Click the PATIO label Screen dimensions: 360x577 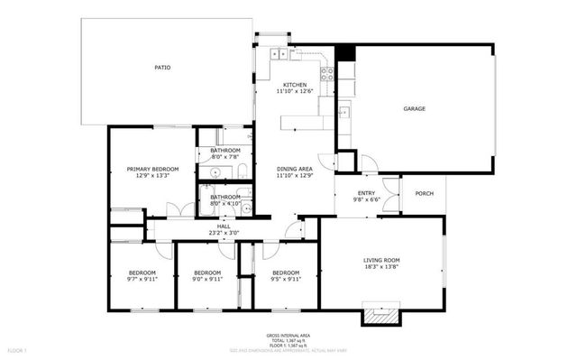[x=162, y=68]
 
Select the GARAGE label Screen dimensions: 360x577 [x=414, y=109]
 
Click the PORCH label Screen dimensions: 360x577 [x=424, y=192]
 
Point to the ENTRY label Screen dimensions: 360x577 [x=366, y=192]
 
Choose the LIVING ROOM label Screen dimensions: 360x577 [x=381, y=260]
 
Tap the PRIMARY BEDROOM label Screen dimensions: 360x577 [x=152, y=169]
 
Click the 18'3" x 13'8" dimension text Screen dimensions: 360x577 [x=381, y=267]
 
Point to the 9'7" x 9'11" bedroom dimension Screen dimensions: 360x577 [x=142, y=280]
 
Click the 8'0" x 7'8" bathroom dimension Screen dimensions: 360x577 [x=225, y=157]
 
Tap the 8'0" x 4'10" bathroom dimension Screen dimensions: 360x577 [x=225, y=204]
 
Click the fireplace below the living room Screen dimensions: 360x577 [x=379, y=316]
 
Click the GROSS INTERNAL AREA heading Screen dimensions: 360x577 [x=286, y=334]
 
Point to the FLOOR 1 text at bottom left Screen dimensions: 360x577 [x=18, y=348]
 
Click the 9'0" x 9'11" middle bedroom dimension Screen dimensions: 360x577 [x=207, y=280]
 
